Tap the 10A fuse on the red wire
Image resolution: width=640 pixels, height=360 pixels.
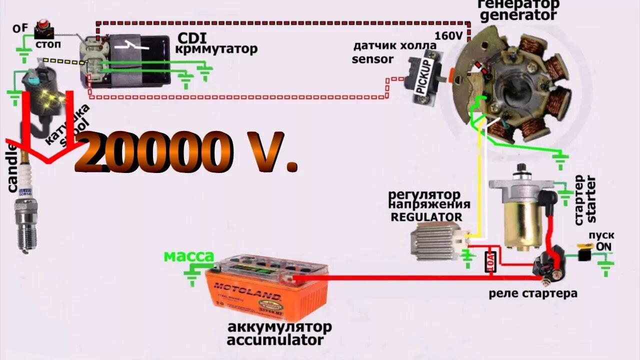coord(490,261)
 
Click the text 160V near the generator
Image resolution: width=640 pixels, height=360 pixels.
coord(448,36)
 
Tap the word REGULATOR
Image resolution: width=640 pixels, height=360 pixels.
coord(426,217)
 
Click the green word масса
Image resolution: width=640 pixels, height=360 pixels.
coord(189,256)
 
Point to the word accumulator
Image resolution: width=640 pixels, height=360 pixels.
coord(275,340)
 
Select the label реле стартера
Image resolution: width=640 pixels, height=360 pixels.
coord(533,293)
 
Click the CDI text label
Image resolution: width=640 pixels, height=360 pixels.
coord(192,38)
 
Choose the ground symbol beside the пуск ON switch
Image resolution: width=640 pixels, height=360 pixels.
coord(606,267)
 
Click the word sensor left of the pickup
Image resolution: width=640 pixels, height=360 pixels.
coord(372,59)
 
